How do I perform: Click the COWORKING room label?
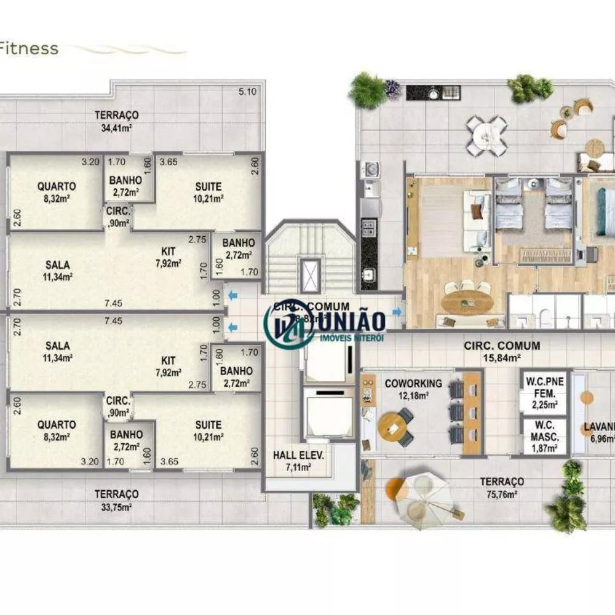pyautogui.click(x=413, y=384)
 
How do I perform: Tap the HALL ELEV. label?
pyautogui.click(x=298, y=456)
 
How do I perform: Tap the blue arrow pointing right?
pyautogui.click(x=397, y=312)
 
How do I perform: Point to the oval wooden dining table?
pyautogui.click(x=467, y=301)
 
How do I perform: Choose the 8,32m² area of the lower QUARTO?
pyautogui.click(x=57, y=437)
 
